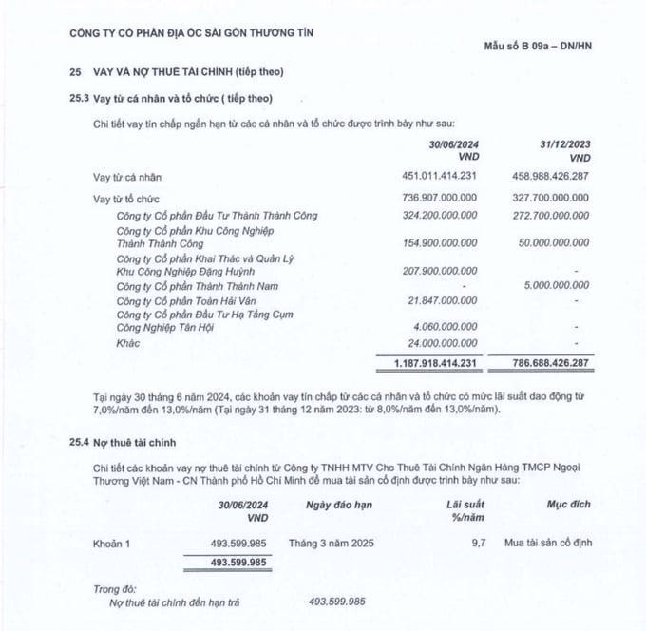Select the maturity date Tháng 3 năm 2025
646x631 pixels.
347,545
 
